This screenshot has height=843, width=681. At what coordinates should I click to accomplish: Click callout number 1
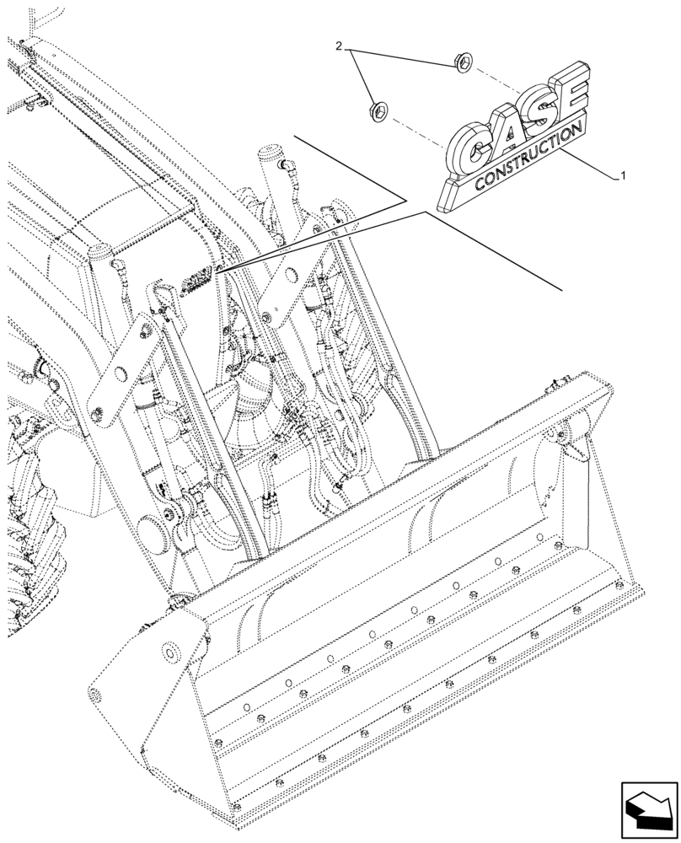622,176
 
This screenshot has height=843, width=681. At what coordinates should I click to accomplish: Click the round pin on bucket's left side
171,652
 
